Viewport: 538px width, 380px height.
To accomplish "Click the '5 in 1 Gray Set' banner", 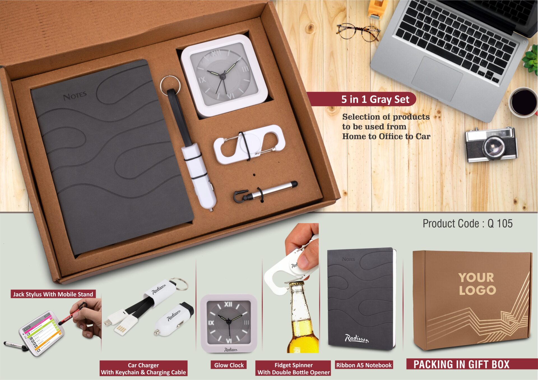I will pos(375,99).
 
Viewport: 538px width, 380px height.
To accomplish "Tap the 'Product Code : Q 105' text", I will pos(467,224).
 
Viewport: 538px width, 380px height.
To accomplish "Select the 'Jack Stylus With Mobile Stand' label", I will pos(53,294).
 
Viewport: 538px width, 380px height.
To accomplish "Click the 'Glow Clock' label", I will pos(229,365).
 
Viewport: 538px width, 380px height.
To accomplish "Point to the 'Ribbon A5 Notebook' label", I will pos(364,365).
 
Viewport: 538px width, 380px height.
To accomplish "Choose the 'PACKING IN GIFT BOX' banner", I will pos(461,364).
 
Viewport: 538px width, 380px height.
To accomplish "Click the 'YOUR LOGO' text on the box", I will pos(477,284).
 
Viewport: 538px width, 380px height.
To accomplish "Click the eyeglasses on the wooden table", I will pos(358,32).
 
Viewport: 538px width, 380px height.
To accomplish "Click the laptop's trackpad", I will pos(437,78).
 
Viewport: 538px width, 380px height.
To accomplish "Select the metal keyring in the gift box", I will pos(170,84).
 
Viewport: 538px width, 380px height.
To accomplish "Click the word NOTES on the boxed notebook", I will pos(75,96).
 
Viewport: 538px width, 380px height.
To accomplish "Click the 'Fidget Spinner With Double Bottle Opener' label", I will pos(293,369).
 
